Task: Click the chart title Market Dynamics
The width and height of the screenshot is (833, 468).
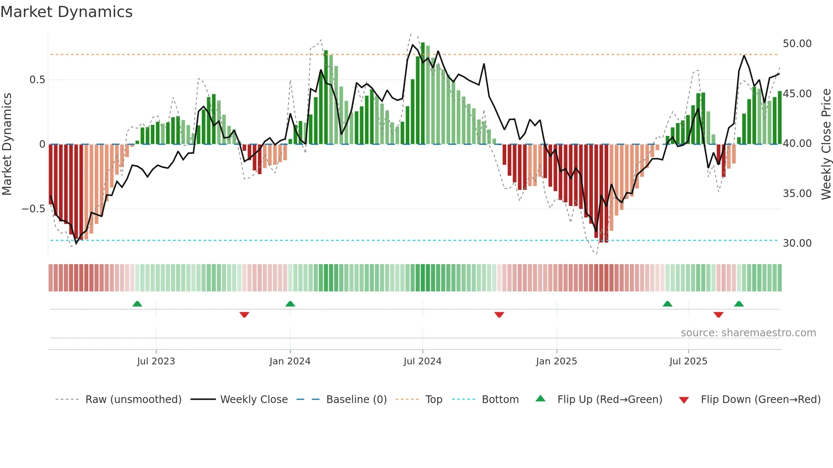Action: pos(66,12)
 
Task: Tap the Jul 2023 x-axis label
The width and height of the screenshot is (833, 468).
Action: pos(156,361)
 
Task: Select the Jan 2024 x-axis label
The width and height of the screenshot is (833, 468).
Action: pos(290,361)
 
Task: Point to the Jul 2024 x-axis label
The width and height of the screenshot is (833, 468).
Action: pos(422,361)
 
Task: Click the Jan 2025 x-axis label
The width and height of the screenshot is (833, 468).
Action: pos(556,361)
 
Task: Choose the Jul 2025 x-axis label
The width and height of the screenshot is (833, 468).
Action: pos(688,361)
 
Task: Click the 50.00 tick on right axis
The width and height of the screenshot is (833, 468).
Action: pos(797,44)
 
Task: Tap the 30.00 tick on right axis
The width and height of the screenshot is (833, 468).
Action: pos(797,243)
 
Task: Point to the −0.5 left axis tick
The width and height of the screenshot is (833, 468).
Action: pos(33,209)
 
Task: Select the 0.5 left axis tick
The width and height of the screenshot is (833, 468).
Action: pos(37,80)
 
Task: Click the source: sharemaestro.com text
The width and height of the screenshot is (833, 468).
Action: pos(748,333)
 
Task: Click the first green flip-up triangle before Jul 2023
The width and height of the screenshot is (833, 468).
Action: pos(137,304)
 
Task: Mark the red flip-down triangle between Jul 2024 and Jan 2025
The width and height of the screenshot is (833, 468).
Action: pos(499,315)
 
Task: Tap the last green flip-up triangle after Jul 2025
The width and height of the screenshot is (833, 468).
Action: pos(739,304)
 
